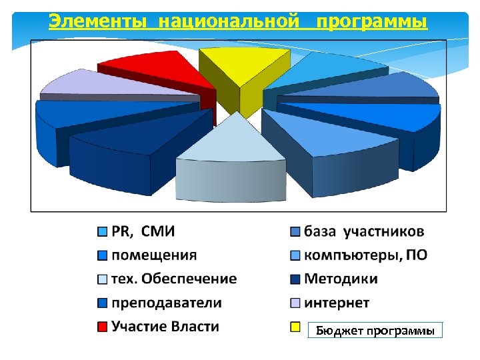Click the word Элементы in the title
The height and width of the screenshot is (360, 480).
(99, 22)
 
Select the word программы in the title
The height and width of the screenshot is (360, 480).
(371, 22)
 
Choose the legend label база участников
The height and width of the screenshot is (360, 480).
(364, 232)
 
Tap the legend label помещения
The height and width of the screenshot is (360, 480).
(154, 255)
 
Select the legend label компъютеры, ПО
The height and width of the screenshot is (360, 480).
(366, 255)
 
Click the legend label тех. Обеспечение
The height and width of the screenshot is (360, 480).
(174, 279)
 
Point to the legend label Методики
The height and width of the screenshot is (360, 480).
(341, 279)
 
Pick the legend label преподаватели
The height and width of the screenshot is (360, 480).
(166, 303)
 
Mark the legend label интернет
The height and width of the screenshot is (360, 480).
(337, 303)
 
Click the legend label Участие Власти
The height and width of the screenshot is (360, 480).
(165, 326)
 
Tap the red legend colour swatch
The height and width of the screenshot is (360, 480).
(102, 327)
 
